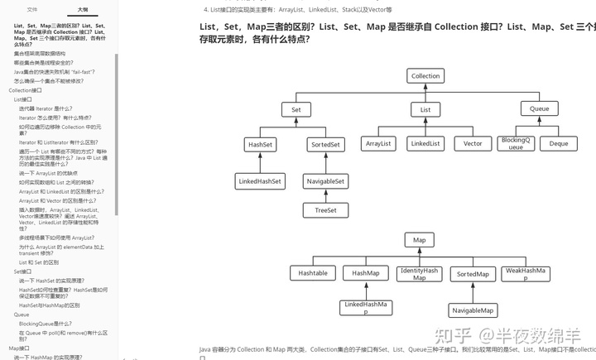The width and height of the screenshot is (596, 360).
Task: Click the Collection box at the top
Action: point(425,76)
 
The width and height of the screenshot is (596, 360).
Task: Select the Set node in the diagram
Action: point(296,109)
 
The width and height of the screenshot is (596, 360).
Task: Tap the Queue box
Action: point(539,109)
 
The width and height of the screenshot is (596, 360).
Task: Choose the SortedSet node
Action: point(325,144)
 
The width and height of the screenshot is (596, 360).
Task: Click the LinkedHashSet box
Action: point(259,180)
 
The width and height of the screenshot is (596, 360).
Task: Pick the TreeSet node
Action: point(325,210)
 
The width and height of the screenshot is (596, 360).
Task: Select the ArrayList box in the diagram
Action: point(377,143)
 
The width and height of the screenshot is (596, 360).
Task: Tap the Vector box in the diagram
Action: point(473,143)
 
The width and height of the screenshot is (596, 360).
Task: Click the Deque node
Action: point(559,143)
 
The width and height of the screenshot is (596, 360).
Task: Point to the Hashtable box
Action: point(313,273)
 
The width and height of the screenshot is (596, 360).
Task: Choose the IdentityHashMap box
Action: point(420,273)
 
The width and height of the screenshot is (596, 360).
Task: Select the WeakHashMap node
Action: point(526,273)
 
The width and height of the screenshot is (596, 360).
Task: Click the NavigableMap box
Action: point(473,310)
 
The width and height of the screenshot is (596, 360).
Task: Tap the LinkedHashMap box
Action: point(365,307)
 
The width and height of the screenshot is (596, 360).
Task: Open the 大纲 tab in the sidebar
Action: point(83,9)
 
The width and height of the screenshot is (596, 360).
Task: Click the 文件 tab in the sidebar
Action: point(31,9)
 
